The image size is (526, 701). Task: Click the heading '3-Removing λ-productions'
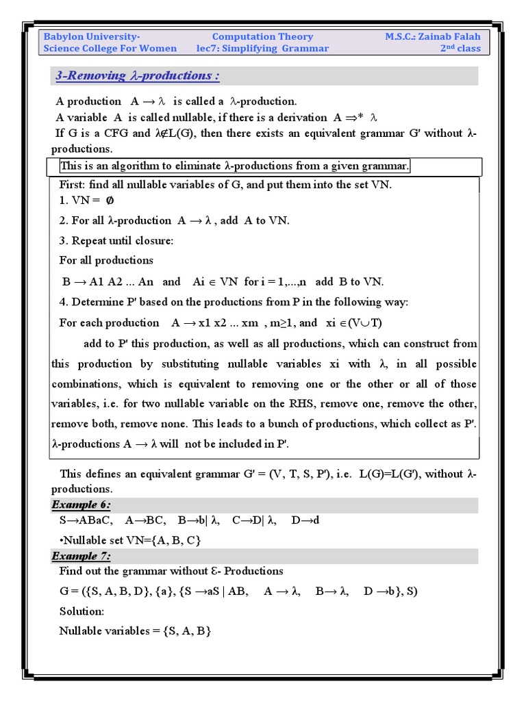point(137,75)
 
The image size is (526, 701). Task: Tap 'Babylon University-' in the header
point(92,37)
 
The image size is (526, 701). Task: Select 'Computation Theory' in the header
point(262,37)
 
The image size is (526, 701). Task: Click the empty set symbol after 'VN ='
point(108,201)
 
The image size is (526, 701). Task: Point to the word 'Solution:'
point(82,611)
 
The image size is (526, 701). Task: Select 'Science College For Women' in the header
point(110,49)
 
